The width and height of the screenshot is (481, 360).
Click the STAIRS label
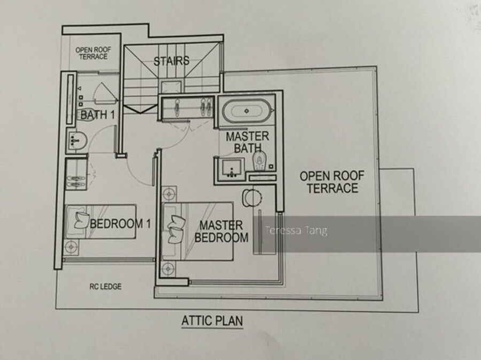[x=171, y=61]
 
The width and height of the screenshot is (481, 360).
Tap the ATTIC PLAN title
[x=212, y=321]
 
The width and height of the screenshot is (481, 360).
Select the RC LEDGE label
[x=105, y=286]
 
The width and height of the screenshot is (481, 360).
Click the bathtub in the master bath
[x=247, y=111]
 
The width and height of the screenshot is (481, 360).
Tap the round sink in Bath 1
[x=76, y=142]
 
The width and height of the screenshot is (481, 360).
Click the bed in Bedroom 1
[x=100, y=222]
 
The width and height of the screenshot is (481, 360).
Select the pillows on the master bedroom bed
[x=176, y=229]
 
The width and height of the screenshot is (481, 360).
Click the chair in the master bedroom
[x=252, y=198]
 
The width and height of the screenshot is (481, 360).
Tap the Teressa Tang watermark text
[x=296, y=230]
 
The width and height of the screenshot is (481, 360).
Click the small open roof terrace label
[x=93, y=53]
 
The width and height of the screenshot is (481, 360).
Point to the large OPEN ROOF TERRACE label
[x=332, y=182]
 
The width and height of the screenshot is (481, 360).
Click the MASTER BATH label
[x=247, y=142]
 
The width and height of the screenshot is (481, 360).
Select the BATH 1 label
[x=98, y=115]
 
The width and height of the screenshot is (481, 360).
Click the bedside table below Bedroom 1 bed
[x=71, y=247]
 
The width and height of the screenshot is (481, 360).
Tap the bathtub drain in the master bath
[x=246, y=111]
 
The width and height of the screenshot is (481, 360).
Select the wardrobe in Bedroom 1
[x=76, y=175]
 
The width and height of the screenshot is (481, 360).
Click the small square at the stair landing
[x=171, y=87]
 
